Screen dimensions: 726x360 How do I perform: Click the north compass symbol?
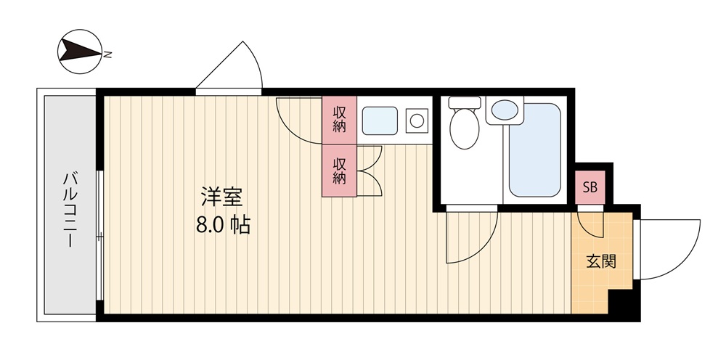click(x=80, y=52)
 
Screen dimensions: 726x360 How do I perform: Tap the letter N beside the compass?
click(x=107, y=54)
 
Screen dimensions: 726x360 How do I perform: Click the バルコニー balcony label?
click(x=70, y=209)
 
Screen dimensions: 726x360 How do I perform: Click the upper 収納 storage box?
click(x=339, y=120)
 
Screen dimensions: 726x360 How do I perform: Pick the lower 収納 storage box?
click(x=339, y=171)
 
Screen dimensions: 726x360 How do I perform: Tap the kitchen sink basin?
click(x=380, y=120)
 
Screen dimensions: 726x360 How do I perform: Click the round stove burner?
click(x=417, y=120)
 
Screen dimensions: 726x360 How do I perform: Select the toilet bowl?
click(x=465, y=128)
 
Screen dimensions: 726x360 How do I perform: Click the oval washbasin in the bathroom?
click(x=505, y=110)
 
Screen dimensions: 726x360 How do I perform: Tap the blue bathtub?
click(x=535, y=150)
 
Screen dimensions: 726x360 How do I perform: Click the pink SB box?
click(x=590, y=187)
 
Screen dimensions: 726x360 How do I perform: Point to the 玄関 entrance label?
click(x=601, y=261)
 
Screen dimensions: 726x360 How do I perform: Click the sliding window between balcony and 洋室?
click(x=100, y=236)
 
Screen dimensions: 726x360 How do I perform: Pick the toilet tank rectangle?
click(x=465, y=102)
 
